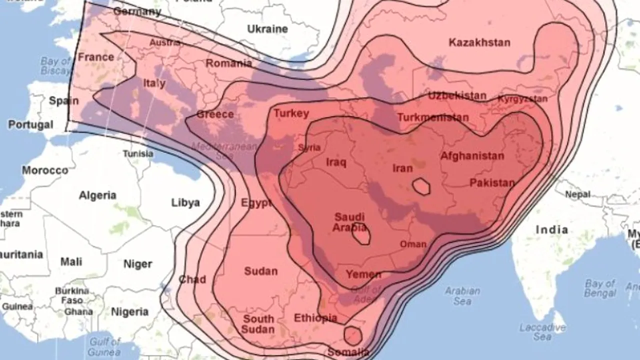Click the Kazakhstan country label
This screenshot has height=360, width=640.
click(x=479, y=42)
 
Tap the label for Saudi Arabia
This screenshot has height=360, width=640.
click(x=349, y=222)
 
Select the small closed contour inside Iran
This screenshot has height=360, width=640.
click(x=421, y=186)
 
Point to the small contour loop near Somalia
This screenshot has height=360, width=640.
click(x=353, y=335)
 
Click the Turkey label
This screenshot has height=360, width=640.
click(x=291, y=113)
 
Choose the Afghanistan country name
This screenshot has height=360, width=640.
click(x=471, y=156)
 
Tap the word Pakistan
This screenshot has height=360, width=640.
click(x=491, y=183)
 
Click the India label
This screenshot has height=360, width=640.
click(x=551, y=230)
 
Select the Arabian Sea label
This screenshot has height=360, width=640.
click(x=462, y=295)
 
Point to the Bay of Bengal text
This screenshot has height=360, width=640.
click(x=600, y=288)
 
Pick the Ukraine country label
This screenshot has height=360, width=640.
click(x=267, y=29)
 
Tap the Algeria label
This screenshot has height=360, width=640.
click(x=97, y=195)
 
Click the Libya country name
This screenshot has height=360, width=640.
click(x=185, y=202)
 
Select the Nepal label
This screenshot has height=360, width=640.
click(x=577, y=194)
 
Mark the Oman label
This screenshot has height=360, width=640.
click(x=413, y=244)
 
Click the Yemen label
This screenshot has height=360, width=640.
click(x=363, y=274)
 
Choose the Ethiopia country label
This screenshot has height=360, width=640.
click(x=315, y=318)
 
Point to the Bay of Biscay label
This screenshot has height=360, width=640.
click(x=56, y=66)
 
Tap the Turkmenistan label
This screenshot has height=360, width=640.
click(x=432, y=118)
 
